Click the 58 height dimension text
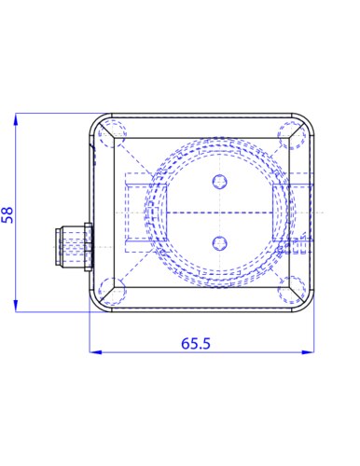pyautogui.click(x=7, y=214)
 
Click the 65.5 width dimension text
pyautogui.click(x=196, y=343)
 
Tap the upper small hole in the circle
pyautogui.click(x=220, y=182)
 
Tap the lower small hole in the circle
pyautogui.click(x=220, y=243)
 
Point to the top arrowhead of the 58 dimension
pyautogui.click(x=16, y=119)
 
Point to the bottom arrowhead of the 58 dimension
pyautogui.click(x=16, y=306)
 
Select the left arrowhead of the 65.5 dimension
pyautogui.click(x=95, y=352)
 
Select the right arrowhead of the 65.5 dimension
pyautogui.click(x=308, y=352)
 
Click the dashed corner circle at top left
pyautogui.click(x=112, y=134)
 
